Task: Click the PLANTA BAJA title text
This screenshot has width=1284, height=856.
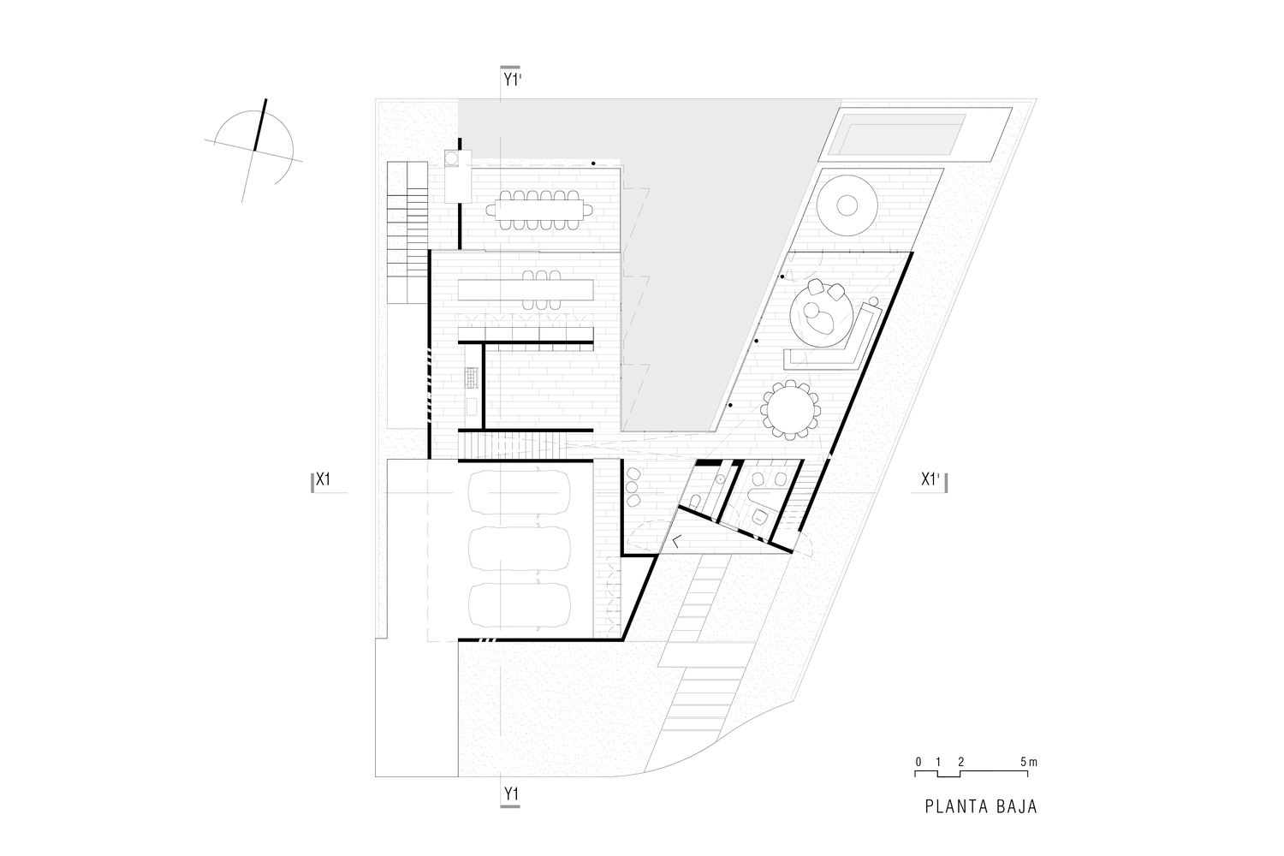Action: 980,806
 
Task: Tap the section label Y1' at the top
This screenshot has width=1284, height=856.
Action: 512,80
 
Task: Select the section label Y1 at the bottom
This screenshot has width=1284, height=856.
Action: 510,794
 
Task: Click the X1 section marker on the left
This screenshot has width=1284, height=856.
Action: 323,480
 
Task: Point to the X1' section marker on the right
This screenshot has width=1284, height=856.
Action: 932,480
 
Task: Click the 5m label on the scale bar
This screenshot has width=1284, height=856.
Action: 1029,761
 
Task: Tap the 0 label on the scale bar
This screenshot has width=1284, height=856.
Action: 918,761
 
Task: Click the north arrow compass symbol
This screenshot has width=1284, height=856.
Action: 254,149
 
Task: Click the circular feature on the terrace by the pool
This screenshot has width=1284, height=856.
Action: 847,205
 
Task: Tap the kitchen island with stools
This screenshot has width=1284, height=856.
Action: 526,289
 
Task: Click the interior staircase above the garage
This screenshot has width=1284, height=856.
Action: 512,446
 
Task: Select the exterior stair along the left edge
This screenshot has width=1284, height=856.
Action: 407,231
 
